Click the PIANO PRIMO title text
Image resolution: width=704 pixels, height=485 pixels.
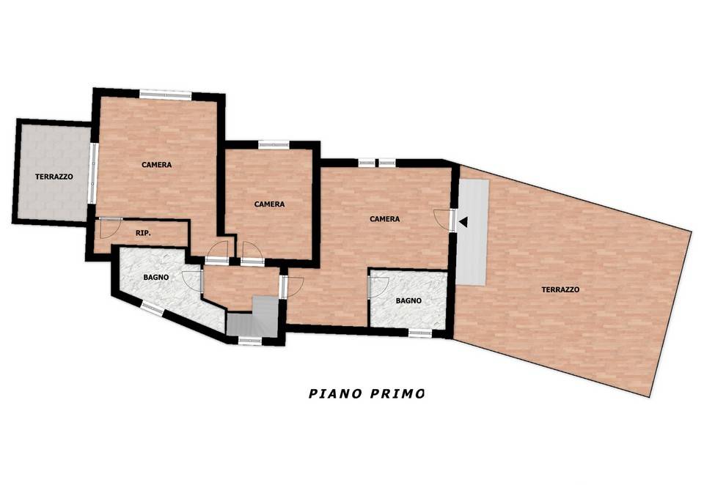(367, 393)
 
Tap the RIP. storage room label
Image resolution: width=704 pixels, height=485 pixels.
(143, 233)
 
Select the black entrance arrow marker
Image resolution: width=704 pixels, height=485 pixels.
(463, 222)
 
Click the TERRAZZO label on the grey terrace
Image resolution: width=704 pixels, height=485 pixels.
(54, 177)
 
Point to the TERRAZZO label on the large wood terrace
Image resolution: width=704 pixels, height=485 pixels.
(560, 290)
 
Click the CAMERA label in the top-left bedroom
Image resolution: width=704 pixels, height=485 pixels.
(157, 165)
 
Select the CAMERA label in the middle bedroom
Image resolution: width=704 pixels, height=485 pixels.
(269, 204)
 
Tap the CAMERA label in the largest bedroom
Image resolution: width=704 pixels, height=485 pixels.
(385, 219)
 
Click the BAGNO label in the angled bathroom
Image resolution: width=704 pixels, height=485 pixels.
(156, 277)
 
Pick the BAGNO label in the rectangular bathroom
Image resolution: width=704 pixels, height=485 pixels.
(408, 300)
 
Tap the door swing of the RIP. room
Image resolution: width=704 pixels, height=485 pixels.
(110, 228)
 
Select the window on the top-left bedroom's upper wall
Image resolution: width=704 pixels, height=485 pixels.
(165, 95)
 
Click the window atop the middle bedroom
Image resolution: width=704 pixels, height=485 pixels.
(274, 144)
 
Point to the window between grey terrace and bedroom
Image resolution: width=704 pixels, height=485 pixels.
(93, 173)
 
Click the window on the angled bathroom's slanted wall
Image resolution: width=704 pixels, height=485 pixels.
(153, 308)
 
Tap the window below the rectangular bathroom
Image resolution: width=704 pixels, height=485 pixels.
(419, 333)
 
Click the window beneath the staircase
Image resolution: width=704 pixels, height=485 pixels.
(249, 341)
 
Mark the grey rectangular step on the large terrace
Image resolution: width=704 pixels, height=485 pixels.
(472, 232)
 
